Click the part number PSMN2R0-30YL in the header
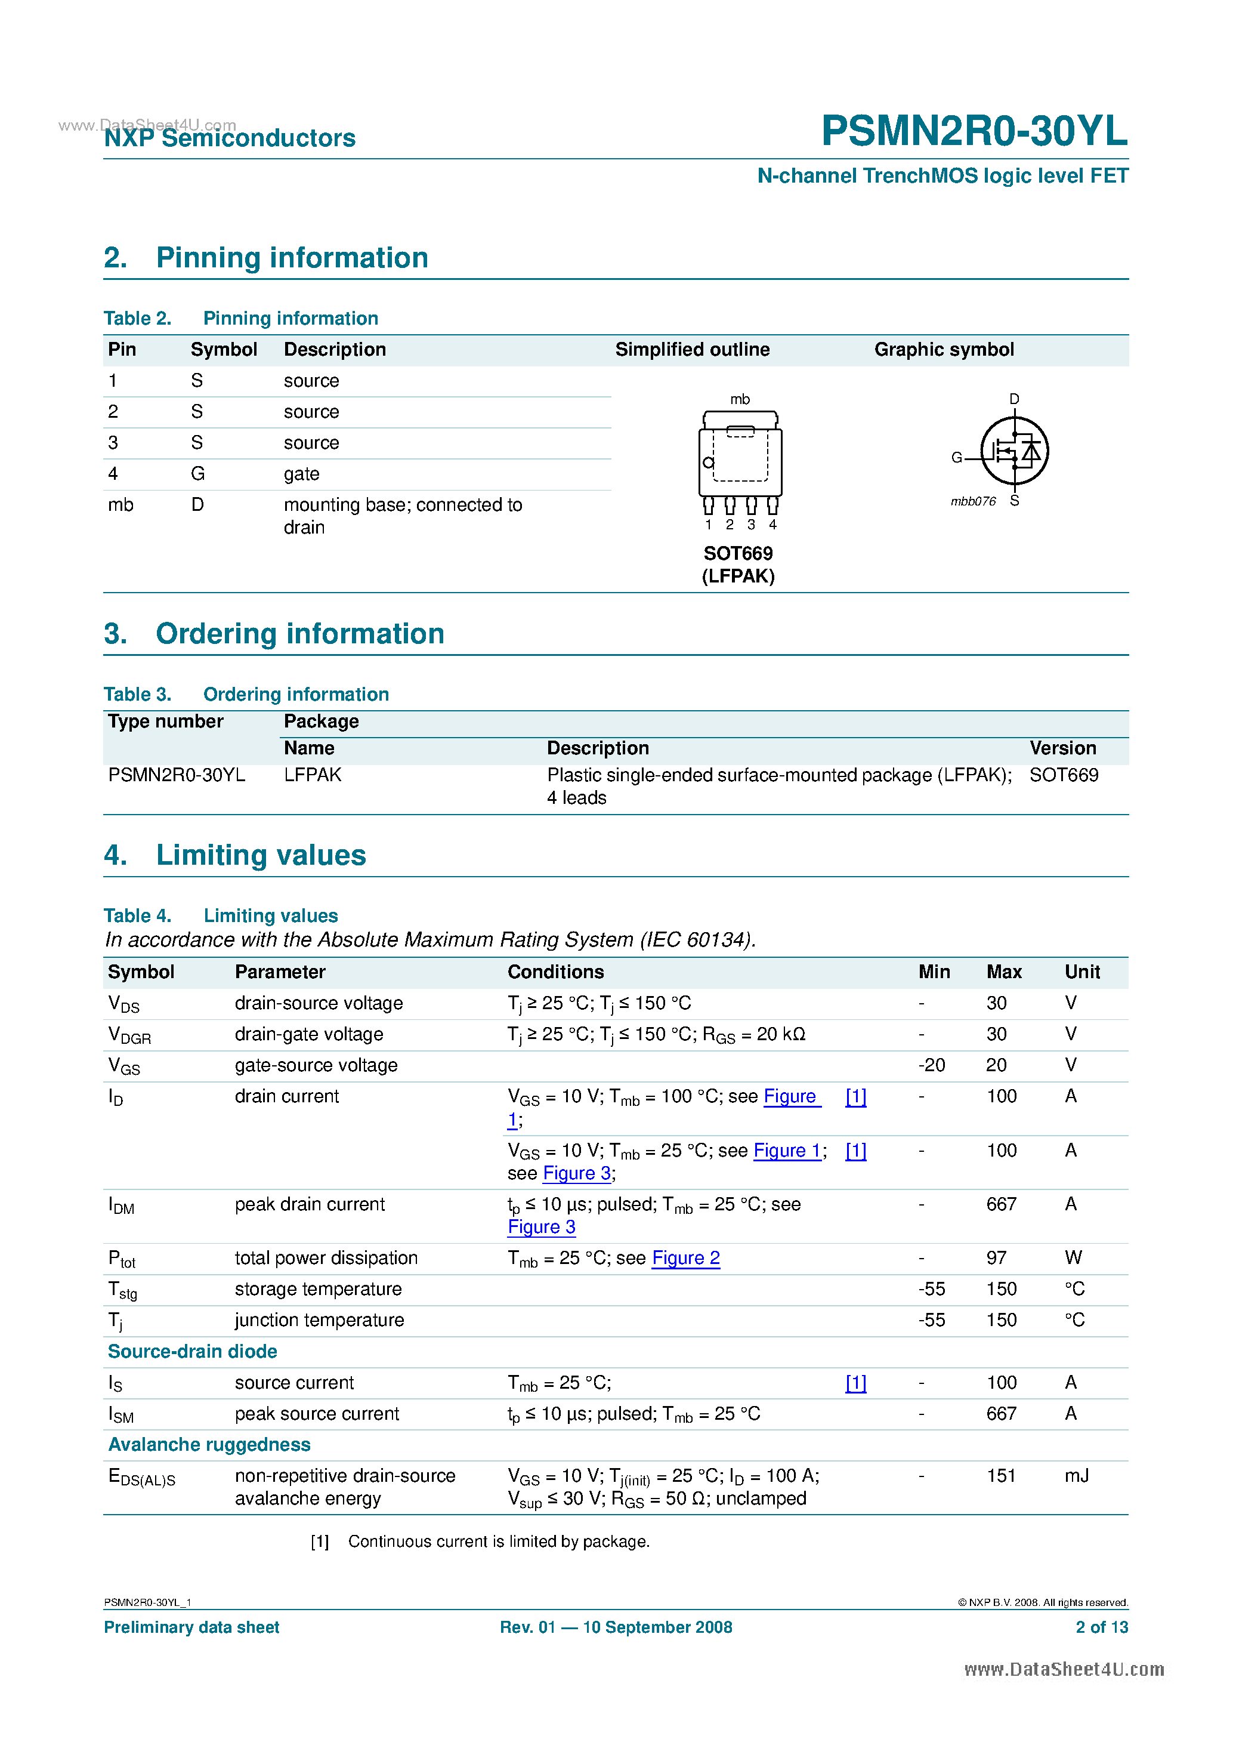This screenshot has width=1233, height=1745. (x=974, y=131)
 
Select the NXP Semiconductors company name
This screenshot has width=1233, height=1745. (x=230, y=138)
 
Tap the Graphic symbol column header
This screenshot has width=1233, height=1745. (x=944, y=350)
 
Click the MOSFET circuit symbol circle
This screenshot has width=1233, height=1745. (x=1014, y=451)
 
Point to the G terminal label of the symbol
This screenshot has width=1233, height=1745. (x=956, y=458)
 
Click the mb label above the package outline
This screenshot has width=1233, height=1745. (x=739, y=399)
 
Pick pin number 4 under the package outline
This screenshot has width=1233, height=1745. (x=772, y=525)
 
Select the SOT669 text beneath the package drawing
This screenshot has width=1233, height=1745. (x=738, y=553)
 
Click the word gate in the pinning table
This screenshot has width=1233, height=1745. (x=302, y=474)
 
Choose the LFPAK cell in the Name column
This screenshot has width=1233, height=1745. (x=312, y=775)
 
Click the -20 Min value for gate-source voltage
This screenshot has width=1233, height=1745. (x=931, y=1065)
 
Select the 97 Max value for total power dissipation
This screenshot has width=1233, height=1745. (x=996, y=1259)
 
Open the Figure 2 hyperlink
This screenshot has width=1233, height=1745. (x=685, y=1259)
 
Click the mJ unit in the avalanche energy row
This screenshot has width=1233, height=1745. (x=1077, y=1476)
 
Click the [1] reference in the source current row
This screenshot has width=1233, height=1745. (x=855, y=1383)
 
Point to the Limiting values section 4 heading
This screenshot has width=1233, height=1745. (x=261, y=856)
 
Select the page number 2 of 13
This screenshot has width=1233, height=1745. (x=1101, y=1627)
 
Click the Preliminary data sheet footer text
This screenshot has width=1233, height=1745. (x=191, y=1627)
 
